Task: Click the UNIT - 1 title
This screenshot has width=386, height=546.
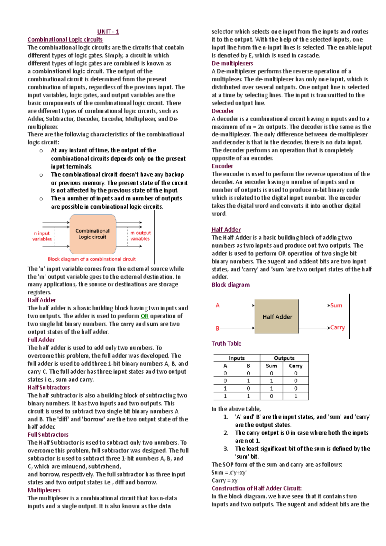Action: [108, 32]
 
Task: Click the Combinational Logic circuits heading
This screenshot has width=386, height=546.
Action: [65, 40]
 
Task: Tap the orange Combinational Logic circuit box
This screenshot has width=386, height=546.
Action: [93, 234]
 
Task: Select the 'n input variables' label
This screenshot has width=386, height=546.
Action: [42, 236]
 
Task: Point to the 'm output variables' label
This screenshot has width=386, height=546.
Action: [140, 236]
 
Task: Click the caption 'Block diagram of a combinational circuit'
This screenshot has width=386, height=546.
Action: [92, 259]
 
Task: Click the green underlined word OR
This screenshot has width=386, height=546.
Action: [144, 316]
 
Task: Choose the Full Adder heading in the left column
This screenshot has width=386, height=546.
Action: [41, 340]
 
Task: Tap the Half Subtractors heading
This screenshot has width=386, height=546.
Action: [49, 387]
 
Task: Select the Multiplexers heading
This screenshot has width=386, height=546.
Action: [44, 490]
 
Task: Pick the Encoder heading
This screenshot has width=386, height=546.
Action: [222, 166]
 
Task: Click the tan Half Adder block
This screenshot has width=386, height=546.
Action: [277, 317]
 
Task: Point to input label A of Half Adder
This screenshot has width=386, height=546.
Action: [218, 305]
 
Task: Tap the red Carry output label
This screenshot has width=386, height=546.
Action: [337, 327]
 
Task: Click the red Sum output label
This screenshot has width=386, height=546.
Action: [336, 305]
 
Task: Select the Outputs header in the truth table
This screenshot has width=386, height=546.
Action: [284, 358]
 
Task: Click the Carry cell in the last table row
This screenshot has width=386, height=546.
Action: [296, 396]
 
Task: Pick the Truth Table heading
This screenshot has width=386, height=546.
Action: [226, 343]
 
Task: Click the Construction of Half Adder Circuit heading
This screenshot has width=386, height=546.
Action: [257, 488]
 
